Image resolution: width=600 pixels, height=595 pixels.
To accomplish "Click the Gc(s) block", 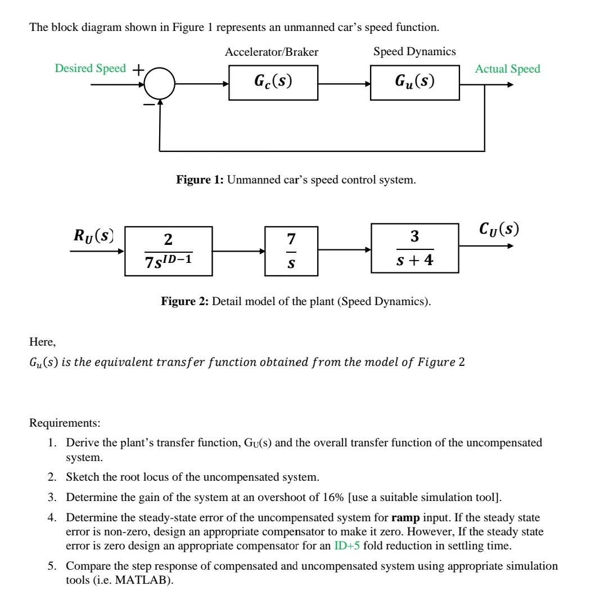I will [273, 83].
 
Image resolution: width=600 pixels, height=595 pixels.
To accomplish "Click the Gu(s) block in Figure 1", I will [415, 83].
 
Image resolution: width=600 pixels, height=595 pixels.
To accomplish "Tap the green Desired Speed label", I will [91, 69].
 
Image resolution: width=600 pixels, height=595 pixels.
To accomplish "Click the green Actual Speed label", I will [507, 69].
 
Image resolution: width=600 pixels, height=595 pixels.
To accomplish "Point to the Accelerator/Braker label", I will [272, 52].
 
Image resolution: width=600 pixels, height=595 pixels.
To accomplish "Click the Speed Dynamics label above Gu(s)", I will [414, 52].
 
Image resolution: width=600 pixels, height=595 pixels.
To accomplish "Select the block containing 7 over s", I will [291, 251].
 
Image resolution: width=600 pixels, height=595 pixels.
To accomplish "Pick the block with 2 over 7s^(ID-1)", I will [168, 251].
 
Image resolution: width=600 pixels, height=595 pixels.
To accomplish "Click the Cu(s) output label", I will [498, 229].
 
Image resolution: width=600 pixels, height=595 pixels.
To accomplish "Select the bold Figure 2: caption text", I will [185, 302].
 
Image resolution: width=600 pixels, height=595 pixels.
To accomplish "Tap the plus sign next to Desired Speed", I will [138, 69].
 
